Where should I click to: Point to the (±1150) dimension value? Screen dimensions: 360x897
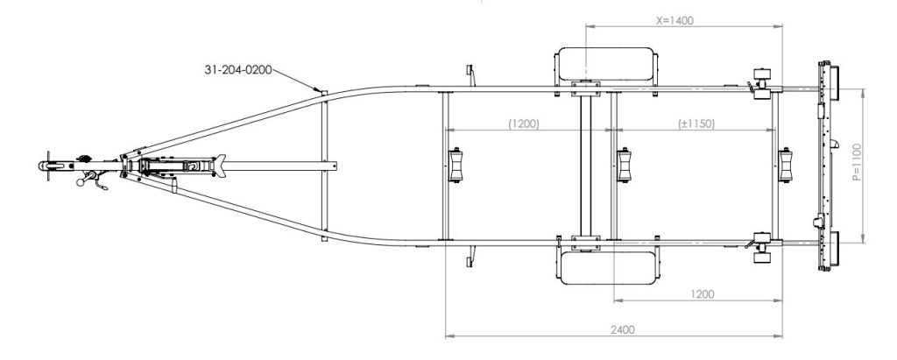[x=697, y=124]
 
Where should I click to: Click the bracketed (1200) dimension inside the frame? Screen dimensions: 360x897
[x=524, y=124]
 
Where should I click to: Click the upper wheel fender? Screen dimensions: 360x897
[x=605, y=66]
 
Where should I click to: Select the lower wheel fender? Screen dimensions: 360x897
[x=605, y=264]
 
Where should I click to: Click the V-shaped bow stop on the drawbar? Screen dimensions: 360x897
[x=224, y=164]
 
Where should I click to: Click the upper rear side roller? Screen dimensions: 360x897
[x=759, y=75]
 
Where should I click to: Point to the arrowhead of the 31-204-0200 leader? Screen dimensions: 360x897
[x=321, y=91]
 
